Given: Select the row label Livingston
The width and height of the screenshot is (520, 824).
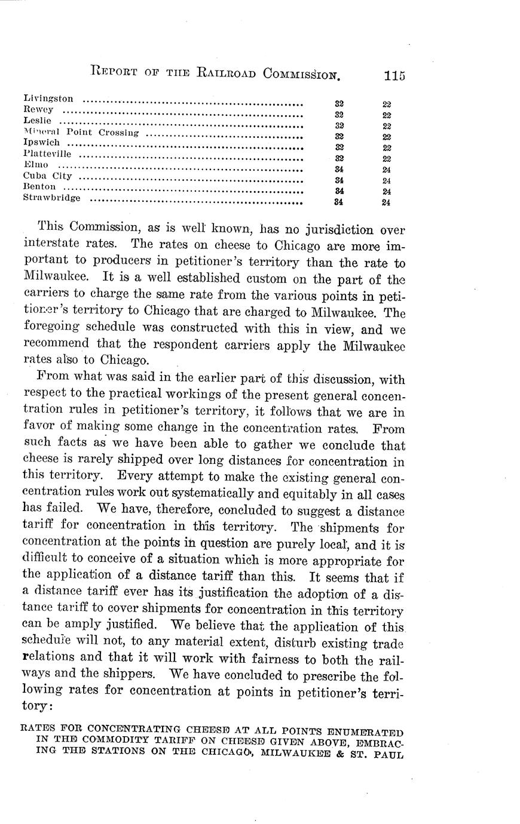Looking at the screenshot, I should tap(48, 98).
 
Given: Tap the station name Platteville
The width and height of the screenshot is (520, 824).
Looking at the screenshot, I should tap(47, 154).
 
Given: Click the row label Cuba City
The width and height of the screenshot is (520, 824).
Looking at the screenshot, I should tap(47, 176).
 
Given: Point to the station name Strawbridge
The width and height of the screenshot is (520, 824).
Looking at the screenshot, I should tap(51, 198).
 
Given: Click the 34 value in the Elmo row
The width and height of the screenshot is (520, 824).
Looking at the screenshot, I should tap(339, 169).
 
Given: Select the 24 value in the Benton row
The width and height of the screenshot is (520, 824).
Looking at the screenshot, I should tap(387, 192).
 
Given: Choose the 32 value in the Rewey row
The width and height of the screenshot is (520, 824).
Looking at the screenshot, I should tap(339, 114).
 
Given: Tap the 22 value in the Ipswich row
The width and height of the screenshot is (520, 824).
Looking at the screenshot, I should tap(387, 147).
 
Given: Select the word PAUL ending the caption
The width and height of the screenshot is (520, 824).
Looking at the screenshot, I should tap(389, 754).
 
